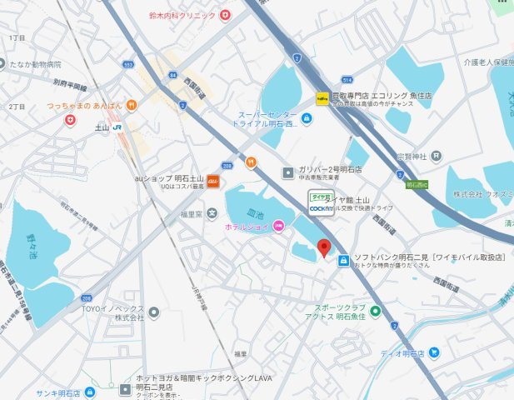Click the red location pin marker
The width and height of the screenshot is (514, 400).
325,247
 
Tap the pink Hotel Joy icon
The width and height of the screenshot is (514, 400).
278,227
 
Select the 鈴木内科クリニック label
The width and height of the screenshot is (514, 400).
183,15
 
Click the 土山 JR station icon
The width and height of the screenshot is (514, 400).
117,127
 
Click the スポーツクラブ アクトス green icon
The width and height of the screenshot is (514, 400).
376,312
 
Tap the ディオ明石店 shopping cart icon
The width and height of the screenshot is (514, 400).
434,352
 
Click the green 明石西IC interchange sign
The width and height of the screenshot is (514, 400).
416,184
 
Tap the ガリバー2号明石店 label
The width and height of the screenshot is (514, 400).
331,168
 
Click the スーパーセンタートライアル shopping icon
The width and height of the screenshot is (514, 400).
307,119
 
